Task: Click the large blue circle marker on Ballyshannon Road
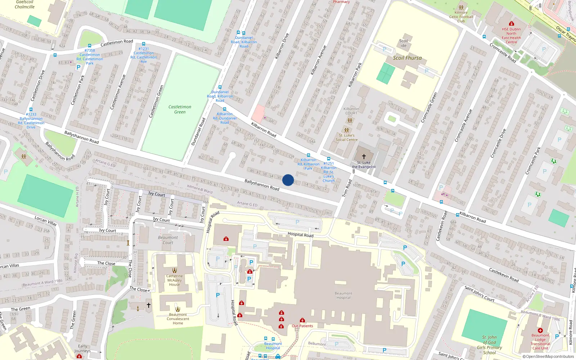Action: tap(288, 180)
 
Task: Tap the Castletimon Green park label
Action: tap(180, 109)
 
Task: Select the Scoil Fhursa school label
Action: tap(407, 58)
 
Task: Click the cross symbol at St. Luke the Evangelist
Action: tap(364, 157)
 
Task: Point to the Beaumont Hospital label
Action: tap(343, 296)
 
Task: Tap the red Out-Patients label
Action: tap(302, 326)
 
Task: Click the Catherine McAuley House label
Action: tap(175, 280)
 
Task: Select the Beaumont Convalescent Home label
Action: tap(178, 319)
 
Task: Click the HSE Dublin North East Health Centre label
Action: tap(511, 36)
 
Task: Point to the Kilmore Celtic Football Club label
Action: tap(461, 17)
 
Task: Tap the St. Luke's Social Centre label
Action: tap(347, 138)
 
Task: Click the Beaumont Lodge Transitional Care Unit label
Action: tap(540, 342)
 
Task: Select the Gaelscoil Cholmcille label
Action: tap(25, 4)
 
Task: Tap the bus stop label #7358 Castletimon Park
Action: tap(90, 57)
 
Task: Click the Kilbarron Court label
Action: tap(351, 111)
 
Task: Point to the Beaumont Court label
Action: tap(168, 240)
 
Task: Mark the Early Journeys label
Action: tap(82, 348)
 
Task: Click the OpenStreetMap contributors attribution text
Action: tap(548, 356)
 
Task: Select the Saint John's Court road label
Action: tap(479, 293)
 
